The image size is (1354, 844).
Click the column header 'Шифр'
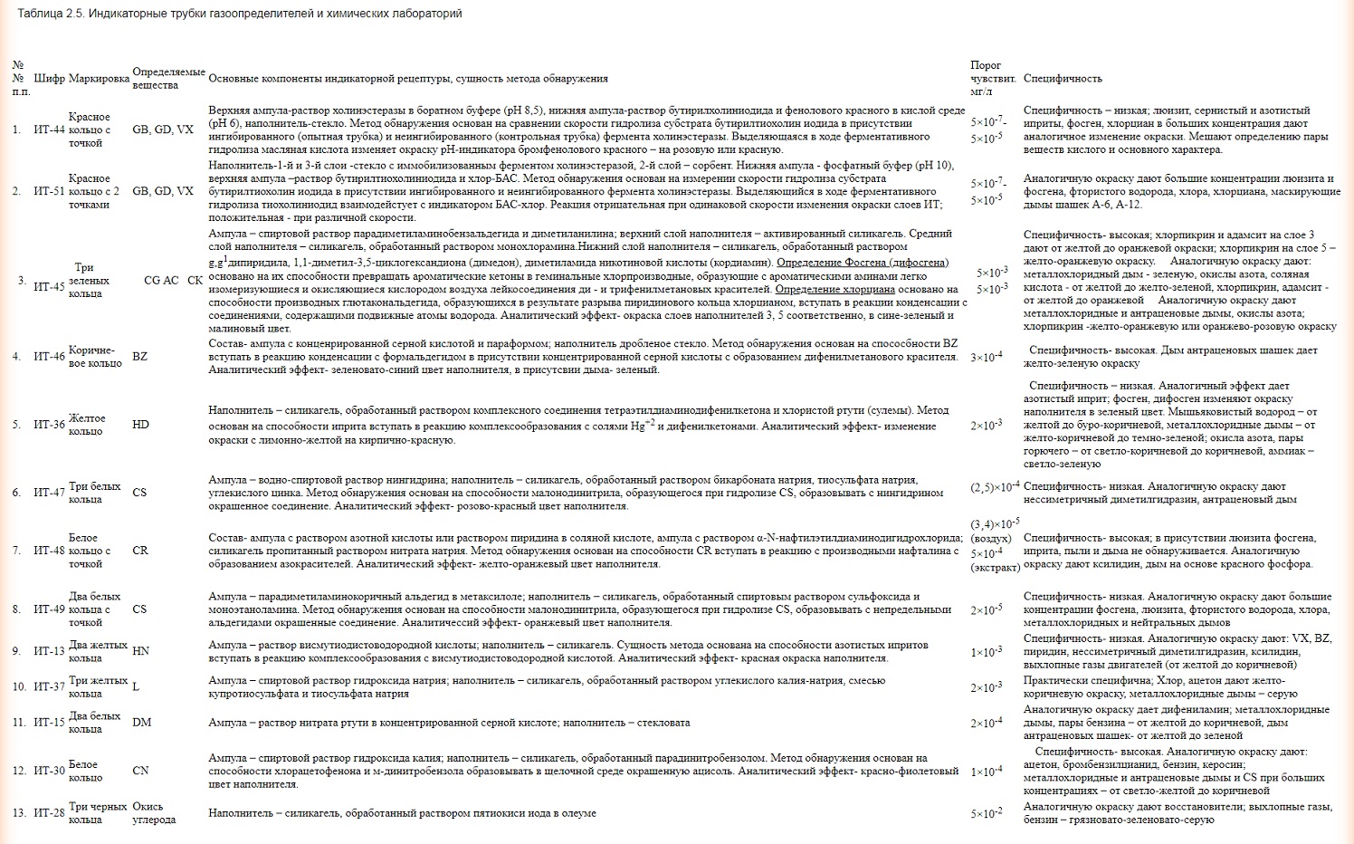click(50, 79)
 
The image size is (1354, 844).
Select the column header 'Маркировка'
click(99, 79)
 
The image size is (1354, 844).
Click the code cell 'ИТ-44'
click(50, 129)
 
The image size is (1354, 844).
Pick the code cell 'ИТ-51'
click(50, 191)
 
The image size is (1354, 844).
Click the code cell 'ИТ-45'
click(50, 286)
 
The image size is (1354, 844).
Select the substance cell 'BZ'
click(139, 357)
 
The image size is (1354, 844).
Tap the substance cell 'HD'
click(140, 425)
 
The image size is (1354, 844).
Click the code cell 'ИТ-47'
click(50, 493)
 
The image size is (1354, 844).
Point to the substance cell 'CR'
click(139, 551)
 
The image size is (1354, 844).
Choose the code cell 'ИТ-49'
click(50, 609)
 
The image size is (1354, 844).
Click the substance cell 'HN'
click(140, 651)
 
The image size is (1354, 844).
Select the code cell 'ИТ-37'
click(50, 686)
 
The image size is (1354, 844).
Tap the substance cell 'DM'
click(141, 723)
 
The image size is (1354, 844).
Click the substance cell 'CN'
click(140, 771)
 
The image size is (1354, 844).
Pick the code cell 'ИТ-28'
click(50, 813)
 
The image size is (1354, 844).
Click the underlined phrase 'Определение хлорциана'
click(834, 289)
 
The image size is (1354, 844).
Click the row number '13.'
click(19, 813)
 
